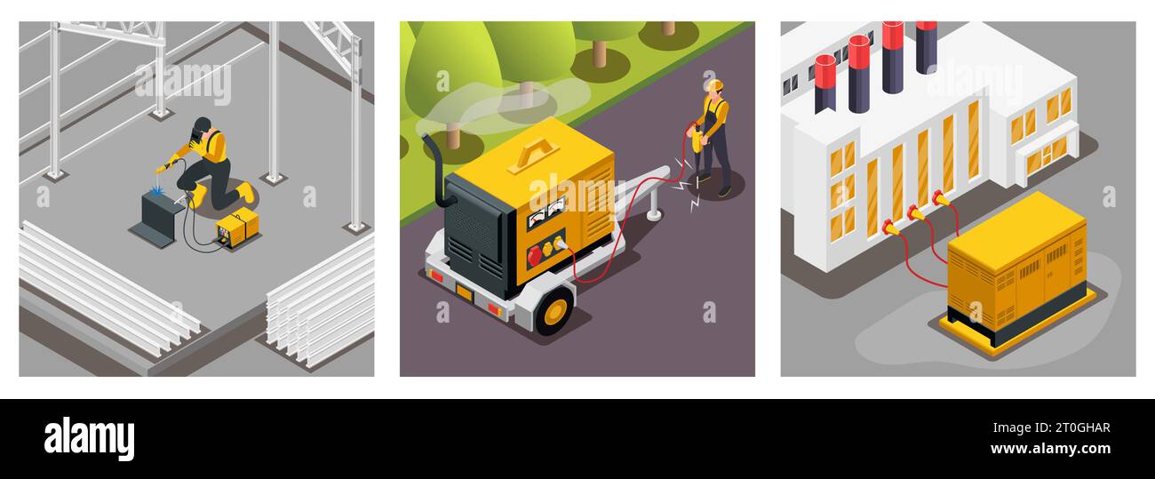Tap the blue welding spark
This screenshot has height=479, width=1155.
point(157,189)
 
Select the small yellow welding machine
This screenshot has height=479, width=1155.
point(237,228)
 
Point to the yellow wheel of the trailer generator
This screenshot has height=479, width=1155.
point(555,311)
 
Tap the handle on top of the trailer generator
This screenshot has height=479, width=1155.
point(534,156)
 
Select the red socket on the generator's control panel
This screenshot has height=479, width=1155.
point(535,256)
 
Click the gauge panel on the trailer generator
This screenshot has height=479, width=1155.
point(545,212)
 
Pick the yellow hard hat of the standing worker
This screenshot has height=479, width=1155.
point(713,85)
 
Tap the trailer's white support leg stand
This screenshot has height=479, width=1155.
point(655,206)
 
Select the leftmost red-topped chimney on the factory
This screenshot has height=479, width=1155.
point(824,83)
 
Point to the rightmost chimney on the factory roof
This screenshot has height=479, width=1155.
point(926,45)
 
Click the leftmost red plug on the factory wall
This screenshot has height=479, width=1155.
point(888,228)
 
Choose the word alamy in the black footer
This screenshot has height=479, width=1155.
point(89,439)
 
